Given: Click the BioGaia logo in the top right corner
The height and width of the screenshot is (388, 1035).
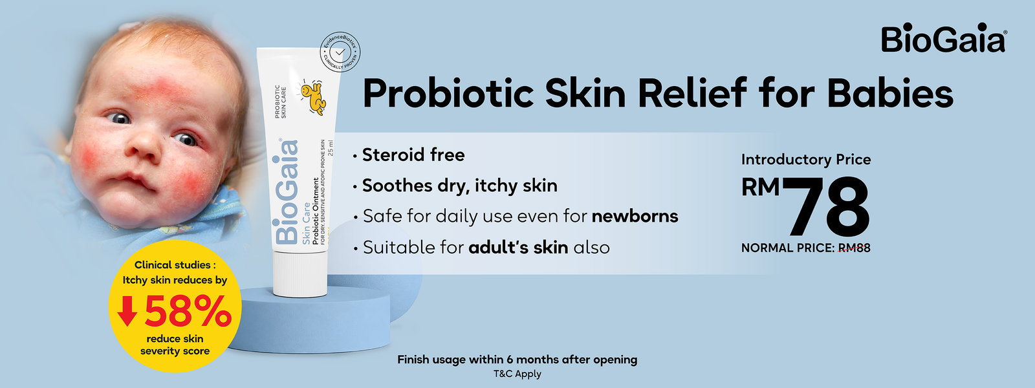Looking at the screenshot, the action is click(x=944, y=38).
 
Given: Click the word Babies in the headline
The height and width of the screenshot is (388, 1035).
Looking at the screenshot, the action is click(x=890, y=93).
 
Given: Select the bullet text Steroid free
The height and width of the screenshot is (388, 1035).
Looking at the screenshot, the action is click(x=413, y=155).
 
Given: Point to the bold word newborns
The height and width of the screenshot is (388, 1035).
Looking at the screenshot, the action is click(x=635, y=216).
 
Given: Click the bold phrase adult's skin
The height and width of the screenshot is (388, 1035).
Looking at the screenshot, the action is click(x=518, y=247).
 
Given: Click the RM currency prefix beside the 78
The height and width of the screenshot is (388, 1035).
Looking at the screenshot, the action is click(x=761, y=187).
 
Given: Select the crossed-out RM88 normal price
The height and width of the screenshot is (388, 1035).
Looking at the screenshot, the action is click(x=855, y=248).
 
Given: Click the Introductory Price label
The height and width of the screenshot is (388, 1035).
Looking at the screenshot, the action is click(x=806, y=159).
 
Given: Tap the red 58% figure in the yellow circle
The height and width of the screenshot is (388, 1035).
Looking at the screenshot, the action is click(x=188, y=311).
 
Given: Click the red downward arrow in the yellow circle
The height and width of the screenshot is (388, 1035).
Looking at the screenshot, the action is click(x=127, y=311).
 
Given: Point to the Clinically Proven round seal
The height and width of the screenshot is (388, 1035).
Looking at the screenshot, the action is click(x=340, y=52).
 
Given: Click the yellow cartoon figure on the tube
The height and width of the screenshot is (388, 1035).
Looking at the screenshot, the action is click(x=313, y=98).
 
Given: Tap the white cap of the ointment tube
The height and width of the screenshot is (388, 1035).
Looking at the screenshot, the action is click(x=300, y=274).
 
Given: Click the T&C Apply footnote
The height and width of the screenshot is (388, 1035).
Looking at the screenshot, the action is click(x=517, y=374).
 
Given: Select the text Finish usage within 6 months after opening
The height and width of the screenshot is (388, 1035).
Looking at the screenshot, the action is click(x=517, y=360).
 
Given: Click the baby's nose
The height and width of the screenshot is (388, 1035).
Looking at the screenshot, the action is click(x=142, y=147).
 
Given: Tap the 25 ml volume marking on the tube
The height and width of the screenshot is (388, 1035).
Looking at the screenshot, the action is click(x=330, y=148).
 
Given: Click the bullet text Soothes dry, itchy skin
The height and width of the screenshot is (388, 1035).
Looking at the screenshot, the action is click(x=460, y=186).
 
